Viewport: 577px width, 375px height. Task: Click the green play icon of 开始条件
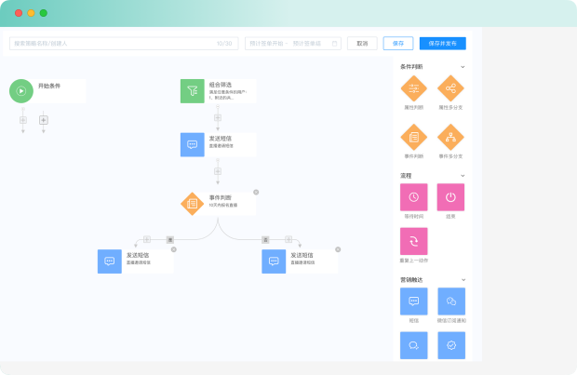click(21, 90)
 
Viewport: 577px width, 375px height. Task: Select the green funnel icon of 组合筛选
click(192, 90)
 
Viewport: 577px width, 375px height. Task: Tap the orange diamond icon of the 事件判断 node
click(192, 203)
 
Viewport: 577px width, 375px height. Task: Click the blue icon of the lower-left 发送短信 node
click(109, 261)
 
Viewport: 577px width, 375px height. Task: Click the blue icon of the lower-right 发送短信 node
click(274, 261)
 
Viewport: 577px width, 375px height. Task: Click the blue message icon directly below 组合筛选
click(192, 144)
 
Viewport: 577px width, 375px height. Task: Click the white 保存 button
click(398, 43)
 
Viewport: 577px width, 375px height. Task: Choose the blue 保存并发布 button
click(442, 43)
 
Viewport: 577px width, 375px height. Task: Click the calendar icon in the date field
click(334, 43)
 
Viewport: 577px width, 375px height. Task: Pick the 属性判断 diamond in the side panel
click(414, 88)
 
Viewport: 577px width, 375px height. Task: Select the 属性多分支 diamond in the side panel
click(451, 88)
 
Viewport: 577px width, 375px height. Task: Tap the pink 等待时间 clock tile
click(414, 197)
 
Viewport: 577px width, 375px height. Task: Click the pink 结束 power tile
click(451, 197)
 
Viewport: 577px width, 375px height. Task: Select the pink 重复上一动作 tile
click(414, 241)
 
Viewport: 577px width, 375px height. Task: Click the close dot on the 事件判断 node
click(256, 192)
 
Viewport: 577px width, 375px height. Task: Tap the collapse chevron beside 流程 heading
click(463, 175)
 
